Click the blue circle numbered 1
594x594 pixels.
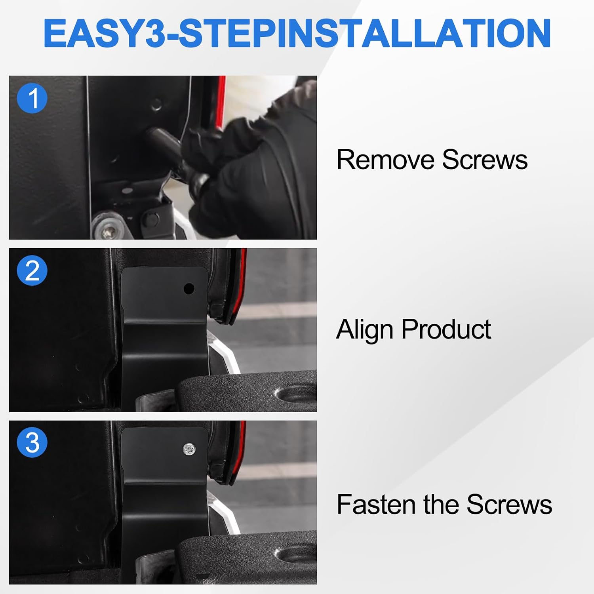32,98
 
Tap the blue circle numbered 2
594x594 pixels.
32,271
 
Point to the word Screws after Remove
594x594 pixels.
485,160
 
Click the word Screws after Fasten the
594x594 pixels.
509,505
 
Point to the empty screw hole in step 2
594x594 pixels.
189,289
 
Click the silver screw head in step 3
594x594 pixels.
189,449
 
